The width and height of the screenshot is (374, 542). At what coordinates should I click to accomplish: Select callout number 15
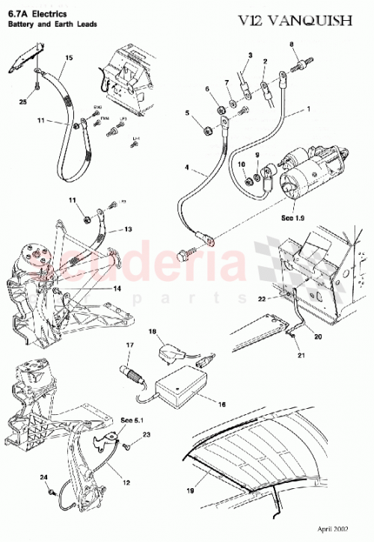coord(69,57)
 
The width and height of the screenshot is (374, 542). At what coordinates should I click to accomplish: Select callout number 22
coord(283,298)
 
